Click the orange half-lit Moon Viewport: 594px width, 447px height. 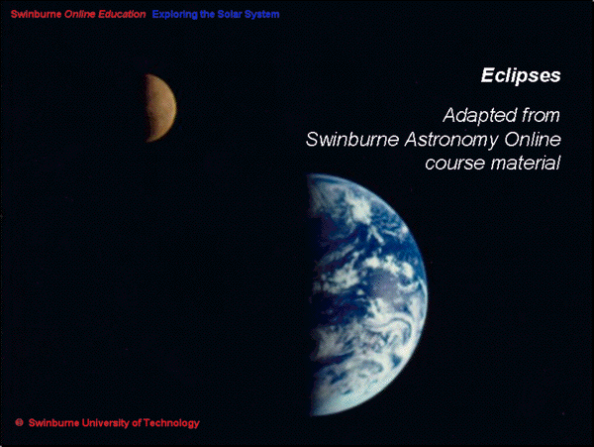coord(161,108)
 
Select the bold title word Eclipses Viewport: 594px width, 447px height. coord(521,76)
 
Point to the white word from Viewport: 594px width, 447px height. coord(541,115)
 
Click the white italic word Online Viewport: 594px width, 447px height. coord(533,139)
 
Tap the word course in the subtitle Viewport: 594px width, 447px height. coord(455,164)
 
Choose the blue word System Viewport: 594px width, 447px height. coord(261,15)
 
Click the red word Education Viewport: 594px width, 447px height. coord(122,14)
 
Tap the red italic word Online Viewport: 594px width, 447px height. coord(79,14)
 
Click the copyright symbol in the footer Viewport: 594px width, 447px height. coord(20,422)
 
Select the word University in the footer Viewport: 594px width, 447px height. coord(106,423)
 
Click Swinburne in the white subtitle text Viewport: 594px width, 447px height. coord(352,140)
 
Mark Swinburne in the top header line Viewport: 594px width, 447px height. coord(36,14)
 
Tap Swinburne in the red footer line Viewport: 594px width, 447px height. coord(54,423)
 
